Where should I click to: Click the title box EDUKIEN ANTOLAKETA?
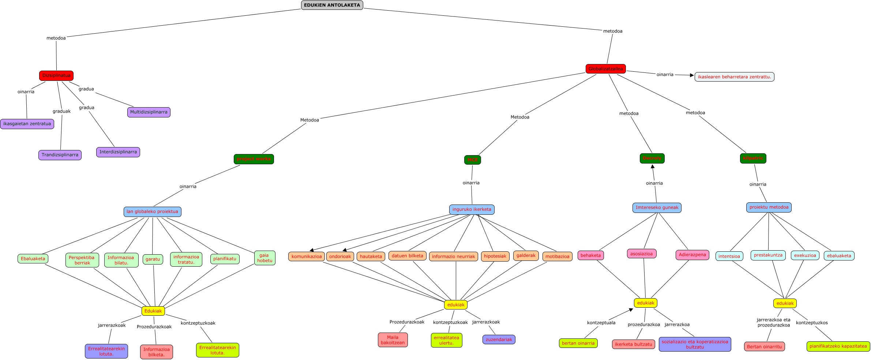[x=332, y=5]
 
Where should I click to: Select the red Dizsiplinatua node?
[x=56, y=76]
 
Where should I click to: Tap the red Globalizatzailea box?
[x=605, y=69]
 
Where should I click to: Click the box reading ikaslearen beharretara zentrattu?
[x=734, y=77]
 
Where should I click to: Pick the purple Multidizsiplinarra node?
[x=149, y=112]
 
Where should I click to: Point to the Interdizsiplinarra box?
[x=118, y=152]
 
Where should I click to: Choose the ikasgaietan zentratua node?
[x=27, y=124]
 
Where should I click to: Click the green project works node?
[x=254, y=159]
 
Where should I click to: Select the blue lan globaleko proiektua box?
[x=152, y=211]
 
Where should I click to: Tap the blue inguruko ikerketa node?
[x=472, y=209]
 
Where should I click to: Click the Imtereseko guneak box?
[x=657, y=207]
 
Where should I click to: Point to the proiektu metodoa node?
[x=769, y=207]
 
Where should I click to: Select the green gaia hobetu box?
[x=264, y=258]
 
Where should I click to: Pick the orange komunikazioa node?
[x=307, y=256]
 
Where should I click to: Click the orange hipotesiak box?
[x=495, y=256]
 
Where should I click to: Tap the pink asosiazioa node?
[x=641, y=254]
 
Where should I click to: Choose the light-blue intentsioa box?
[x=729, y=256]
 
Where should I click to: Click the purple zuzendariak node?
[x=499, y=340]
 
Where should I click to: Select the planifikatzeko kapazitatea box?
[x=838, y=346]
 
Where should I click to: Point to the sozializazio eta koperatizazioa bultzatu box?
[x=695, y=344]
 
